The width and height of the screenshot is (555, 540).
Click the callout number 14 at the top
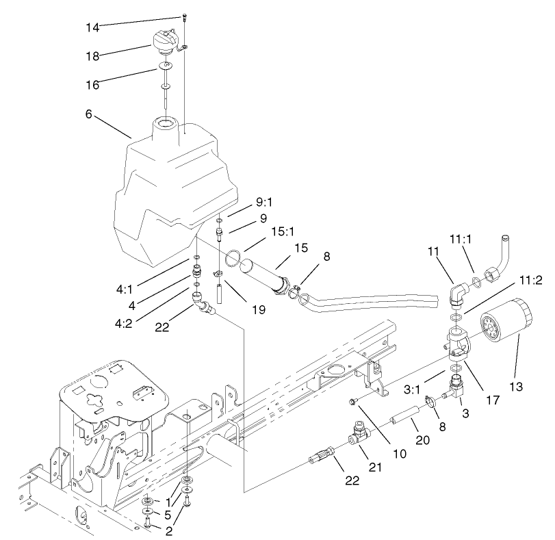click(92, 27)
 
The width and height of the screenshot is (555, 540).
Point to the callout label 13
click(515, 387)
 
